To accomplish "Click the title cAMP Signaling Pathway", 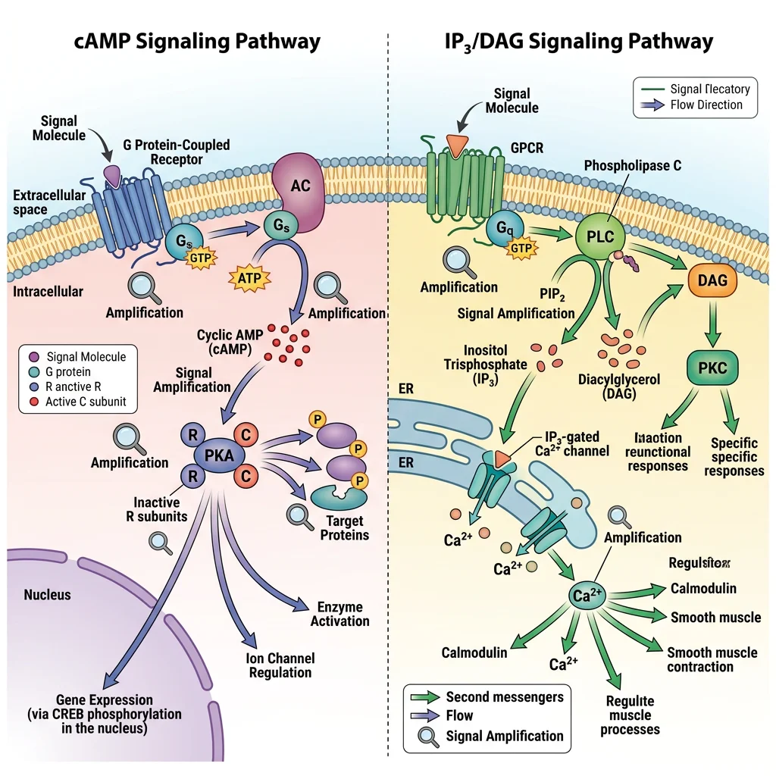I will (197, 41).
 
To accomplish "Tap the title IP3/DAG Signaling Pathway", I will (578, 41).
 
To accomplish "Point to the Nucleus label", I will (47, 594).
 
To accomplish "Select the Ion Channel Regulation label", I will (280, 665).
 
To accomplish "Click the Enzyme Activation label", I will (339, 614).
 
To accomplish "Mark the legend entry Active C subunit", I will (86, 402).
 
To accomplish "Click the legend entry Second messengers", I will (504, 696).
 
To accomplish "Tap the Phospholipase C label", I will (632, 166).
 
